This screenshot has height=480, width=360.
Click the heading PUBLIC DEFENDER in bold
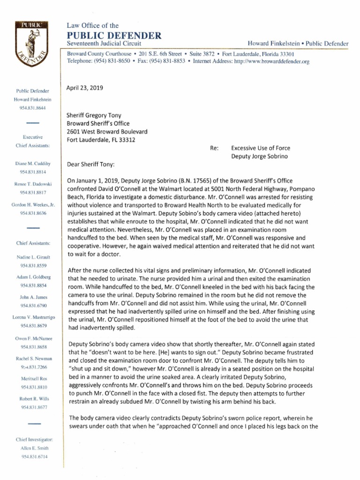[x=114, y=35]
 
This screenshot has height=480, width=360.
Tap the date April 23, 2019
[x=85, y=88]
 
